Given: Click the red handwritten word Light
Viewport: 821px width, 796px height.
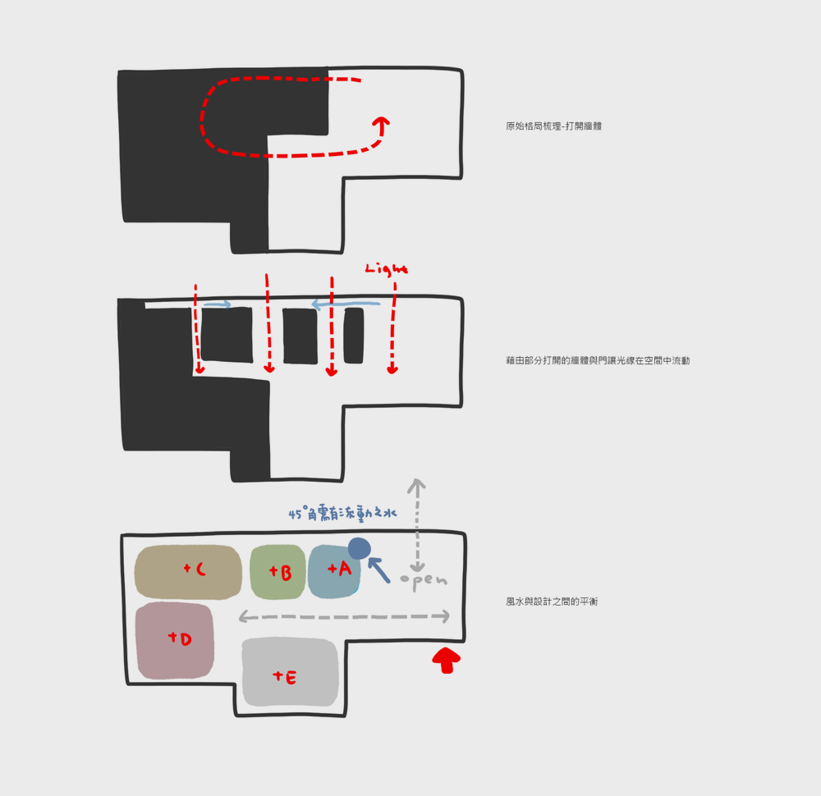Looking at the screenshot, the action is [386, 269].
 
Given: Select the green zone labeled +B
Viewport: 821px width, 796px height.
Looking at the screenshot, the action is [277, 571].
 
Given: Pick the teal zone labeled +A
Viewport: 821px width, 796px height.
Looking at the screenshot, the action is [333, 571].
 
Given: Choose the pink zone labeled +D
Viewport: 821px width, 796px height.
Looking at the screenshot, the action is [175, 640].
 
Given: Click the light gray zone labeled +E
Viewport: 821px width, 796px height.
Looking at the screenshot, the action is [290, 673].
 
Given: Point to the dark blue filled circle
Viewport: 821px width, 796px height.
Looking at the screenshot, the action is [360, 548].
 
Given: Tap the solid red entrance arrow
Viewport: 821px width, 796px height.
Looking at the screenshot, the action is [446, 659].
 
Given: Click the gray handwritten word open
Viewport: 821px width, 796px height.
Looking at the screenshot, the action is [424, 580].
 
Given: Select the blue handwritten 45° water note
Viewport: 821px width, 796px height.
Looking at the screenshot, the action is [342, 514].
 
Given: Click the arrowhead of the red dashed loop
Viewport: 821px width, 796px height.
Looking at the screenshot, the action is [380, 123].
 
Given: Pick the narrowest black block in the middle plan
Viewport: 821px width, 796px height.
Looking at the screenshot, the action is [354, 335].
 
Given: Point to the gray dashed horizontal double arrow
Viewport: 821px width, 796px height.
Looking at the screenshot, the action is [344, 616].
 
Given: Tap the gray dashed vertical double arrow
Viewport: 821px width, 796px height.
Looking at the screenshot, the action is [417, 525].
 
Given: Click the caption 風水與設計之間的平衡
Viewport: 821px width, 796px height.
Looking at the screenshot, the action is [552, 602].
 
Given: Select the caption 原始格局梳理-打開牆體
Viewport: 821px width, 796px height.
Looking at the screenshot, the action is [553, 126].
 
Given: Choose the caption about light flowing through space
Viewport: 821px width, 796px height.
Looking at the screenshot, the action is [598, 360].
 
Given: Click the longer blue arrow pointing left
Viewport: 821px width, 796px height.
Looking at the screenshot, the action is [346, 304].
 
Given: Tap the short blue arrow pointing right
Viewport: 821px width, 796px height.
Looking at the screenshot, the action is [217, 304].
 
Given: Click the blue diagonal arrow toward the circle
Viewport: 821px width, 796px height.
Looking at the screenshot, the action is [378, 570].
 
